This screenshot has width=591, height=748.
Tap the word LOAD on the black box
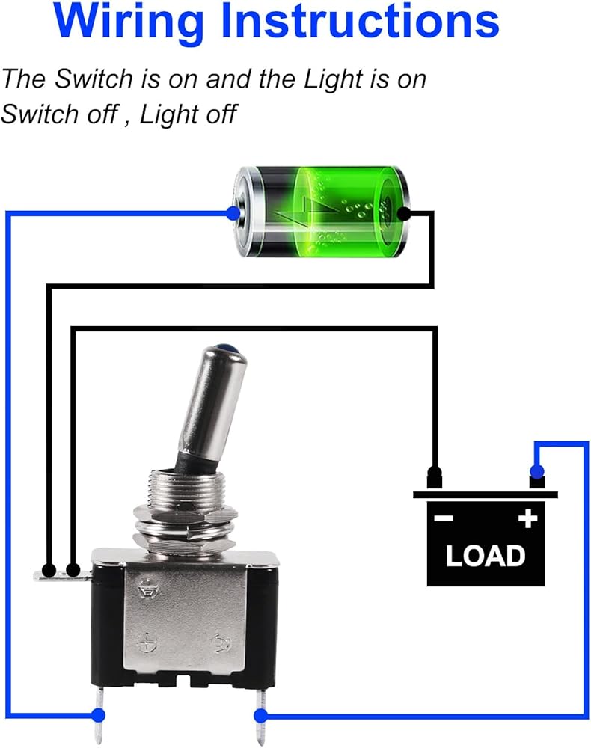[x=486, y=556]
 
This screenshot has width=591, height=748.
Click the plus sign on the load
[x=528, y=518]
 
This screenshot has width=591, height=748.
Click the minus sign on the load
[x=444, y=518]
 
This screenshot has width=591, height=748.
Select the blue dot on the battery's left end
[x=233, y=214]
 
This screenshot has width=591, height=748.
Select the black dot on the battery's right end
[x=404, y=214]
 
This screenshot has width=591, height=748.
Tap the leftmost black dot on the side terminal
[x=49, y=571]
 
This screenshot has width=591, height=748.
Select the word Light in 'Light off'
[x=167, y=114]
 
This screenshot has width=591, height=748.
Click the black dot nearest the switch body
[x=73, y=571]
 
